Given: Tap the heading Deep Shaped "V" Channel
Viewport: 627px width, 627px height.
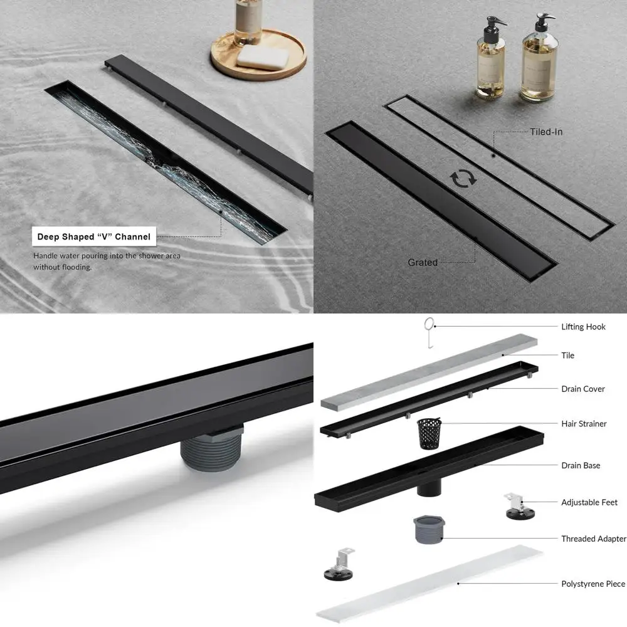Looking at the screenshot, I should [94, 236].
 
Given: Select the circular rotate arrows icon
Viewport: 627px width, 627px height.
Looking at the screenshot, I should [463, 178].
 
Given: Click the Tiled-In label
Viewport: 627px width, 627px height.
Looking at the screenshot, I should [546, 132].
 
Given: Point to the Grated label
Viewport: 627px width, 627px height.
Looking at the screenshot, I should [423, 262].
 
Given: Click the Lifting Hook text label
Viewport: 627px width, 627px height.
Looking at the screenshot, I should [583, 327].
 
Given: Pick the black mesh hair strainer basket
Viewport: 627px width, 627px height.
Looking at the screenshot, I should [429, 433].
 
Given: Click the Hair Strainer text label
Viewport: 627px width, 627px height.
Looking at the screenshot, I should [584, 424].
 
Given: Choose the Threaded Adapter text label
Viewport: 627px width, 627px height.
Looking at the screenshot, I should [593, 539].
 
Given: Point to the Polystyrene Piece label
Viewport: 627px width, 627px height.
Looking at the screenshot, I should [593, 584].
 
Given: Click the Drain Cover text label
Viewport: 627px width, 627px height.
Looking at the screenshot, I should [583, 389].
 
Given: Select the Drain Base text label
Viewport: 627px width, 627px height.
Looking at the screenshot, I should [581, 465].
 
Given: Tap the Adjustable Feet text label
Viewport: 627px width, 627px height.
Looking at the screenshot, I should [589, 502].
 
